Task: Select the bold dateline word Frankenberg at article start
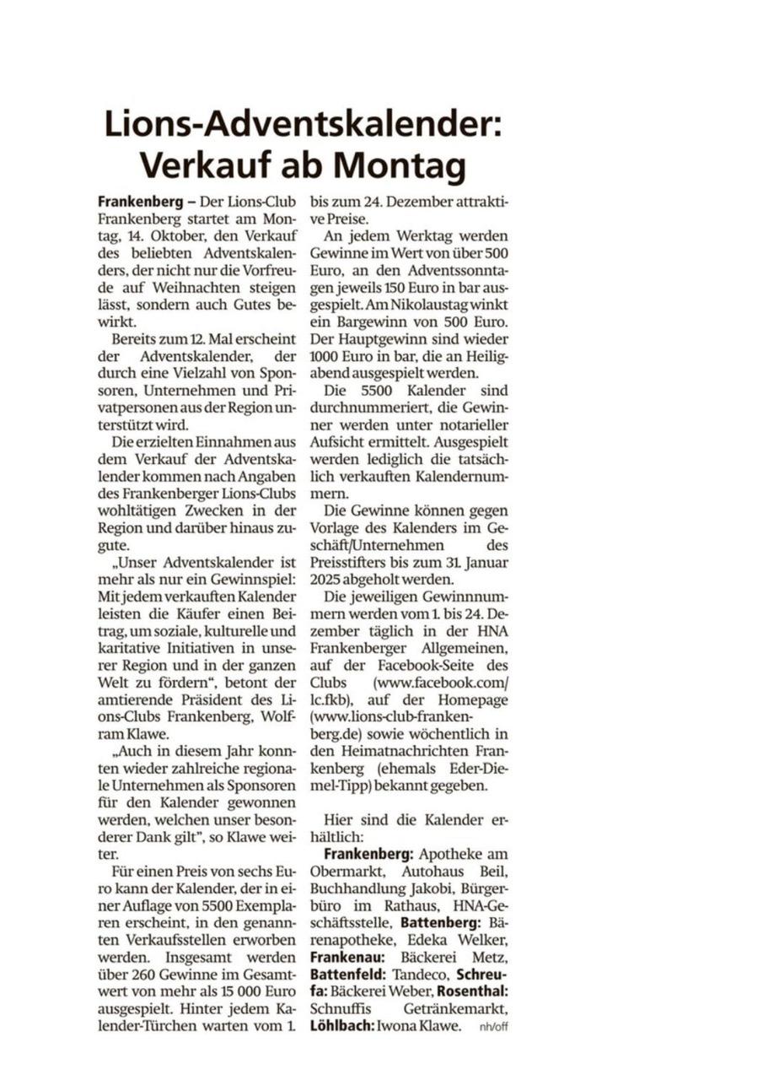137,202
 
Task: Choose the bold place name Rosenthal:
472,991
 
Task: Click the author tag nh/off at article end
494,1028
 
